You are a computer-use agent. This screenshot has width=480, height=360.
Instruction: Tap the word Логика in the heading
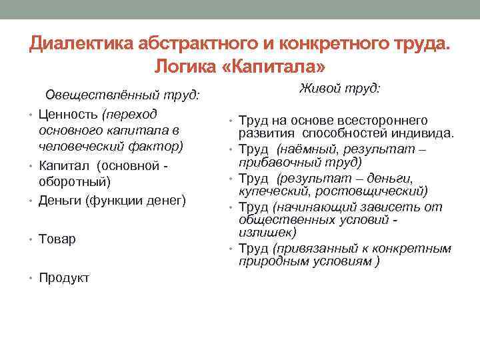(x=184, y=67)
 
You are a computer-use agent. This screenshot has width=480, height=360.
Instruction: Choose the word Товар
(x=57, y=238)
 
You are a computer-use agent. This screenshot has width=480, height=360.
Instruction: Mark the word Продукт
(x=64, y=277)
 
